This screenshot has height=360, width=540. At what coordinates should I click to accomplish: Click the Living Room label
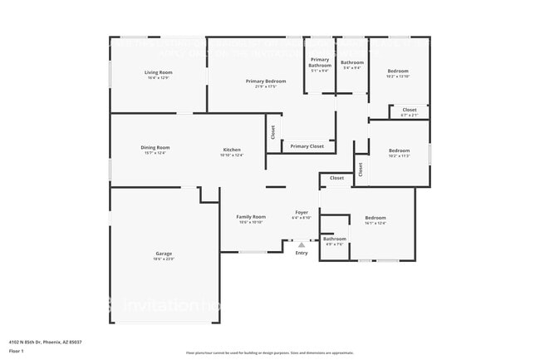158,72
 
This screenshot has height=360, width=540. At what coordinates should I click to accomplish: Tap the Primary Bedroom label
266,81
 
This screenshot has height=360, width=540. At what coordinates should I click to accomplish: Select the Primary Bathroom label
320,60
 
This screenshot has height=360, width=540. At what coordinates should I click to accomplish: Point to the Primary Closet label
307,146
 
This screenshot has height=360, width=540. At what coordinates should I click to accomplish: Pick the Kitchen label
231,150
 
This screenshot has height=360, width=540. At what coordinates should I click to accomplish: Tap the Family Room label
252,216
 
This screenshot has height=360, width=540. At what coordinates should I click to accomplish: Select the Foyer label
302,212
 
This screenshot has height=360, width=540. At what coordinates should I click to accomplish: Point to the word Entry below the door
302,253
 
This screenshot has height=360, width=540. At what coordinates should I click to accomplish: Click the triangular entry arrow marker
302,244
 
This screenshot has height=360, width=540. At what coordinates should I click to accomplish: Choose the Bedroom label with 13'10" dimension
399,72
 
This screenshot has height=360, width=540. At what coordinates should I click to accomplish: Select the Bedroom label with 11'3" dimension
399,150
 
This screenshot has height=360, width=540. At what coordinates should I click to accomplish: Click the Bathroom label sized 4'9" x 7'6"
335,239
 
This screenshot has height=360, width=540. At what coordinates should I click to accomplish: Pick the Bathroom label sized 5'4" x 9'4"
351,62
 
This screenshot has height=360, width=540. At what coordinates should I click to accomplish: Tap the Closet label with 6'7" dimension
410,110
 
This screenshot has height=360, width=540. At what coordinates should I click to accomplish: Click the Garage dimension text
164,259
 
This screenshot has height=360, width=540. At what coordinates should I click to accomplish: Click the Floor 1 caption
17,351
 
